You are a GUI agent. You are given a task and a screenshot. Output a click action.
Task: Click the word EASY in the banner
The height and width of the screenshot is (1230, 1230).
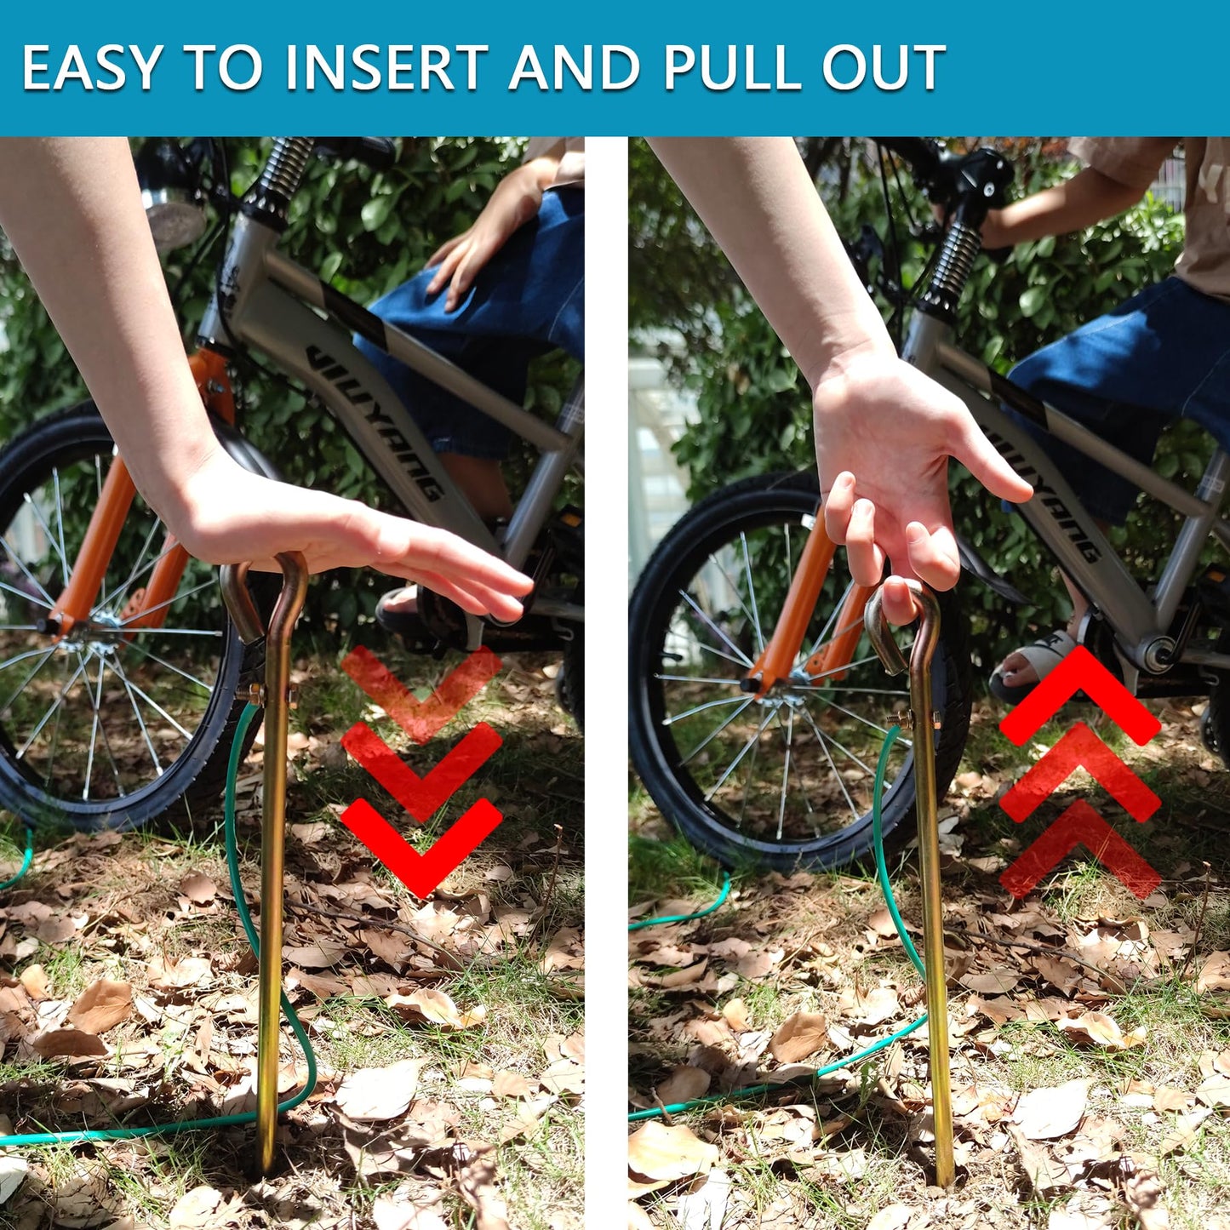(92, 67)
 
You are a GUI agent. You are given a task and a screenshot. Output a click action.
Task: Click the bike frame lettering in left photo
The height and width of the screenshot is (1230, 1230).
(376, 421)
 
